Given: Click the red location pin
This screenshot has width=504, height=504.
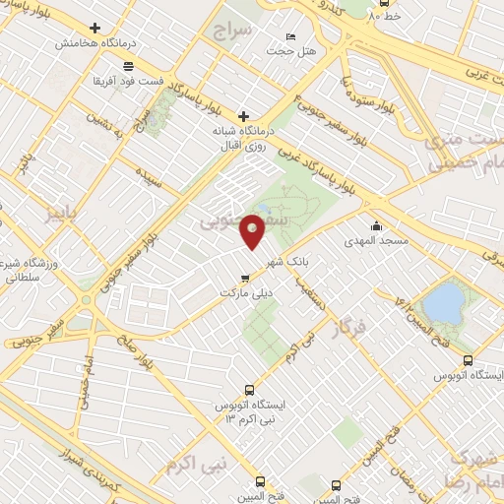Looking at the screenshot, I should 254,230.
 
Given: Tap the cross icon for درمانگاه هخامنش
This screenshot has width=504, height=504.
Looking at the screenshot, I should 94,29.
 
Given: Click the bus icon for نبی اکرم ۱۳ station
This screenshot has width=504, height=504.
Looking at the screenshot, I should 248,389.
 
